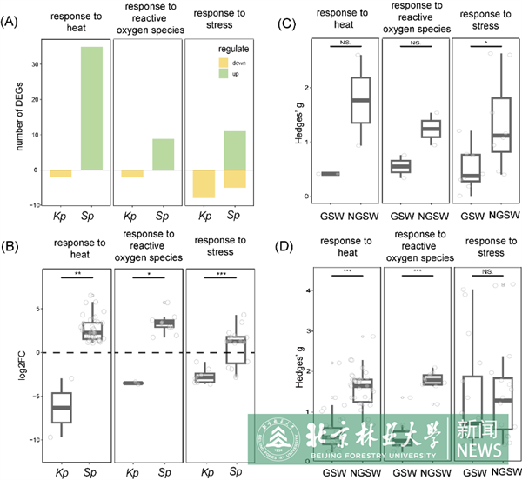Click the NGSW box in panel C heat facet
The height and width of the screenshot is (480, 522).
[x=355, y=101]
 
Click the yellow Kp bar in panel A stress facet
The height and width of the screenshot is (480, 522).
[x=204, y=183]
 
